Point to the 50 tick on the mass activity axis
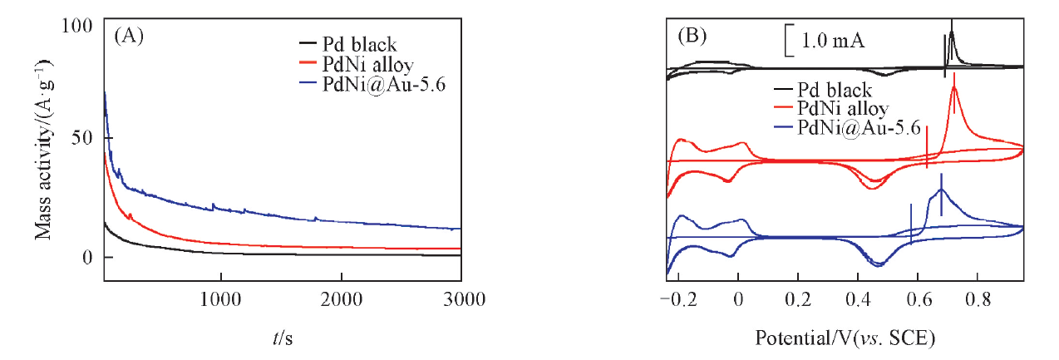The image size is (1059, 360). point(82,138)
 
